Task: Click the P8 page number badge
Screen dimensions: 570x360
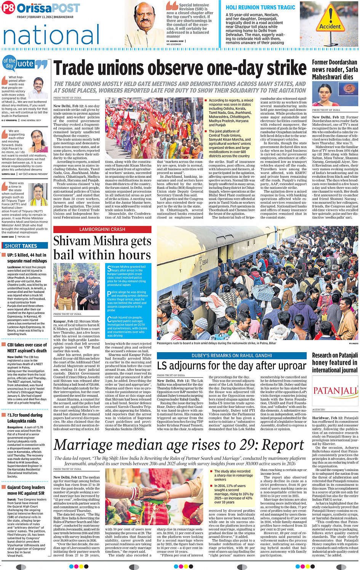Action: [x=8, y=8]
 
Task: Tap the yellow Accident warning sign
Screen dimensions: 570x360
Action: [x=330, y=21]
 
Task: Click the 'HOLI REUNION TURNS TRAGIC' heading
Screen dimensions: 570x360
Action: [x=260, y=7]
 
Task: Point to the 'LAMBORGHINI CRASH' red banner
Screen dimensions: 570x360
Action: [x=102, y=229]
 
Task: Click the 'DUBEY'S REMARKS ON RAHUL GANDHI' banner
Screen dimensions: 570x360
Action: [x=231, y=355]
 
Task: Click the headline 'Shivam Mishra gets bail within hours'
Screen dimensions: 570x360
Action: [x=102, y=247]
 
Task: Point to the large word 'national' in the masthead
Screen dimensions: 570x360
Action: [x=51, y=35]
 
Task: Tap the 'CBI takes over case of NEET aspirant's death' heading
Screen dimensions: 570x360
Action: [x=27, y=348]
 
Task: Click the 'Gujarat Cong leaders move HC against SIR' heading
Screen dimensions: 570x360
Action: [x=26, y=490]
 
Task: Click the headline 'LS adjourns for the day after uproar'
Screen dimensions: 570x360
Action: [x=231, y=366]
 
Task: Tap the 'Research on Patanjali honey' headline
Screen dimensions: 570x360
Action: [x=335, y=362]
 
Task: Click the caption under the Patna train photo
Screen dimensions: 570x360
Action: [x=216, y=343]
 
